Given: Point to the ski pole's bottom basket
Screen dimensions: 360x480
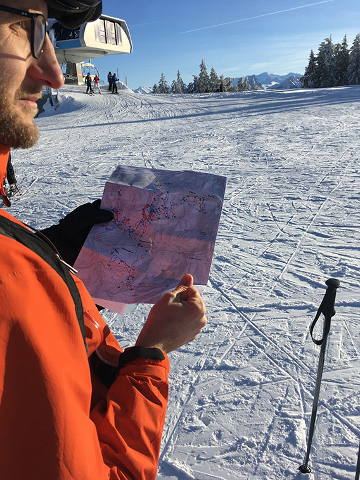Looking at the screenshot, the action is click(305, 469).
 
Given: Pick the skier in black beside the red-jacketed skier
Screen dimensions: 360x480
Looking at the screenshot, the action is click(88, 82).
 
